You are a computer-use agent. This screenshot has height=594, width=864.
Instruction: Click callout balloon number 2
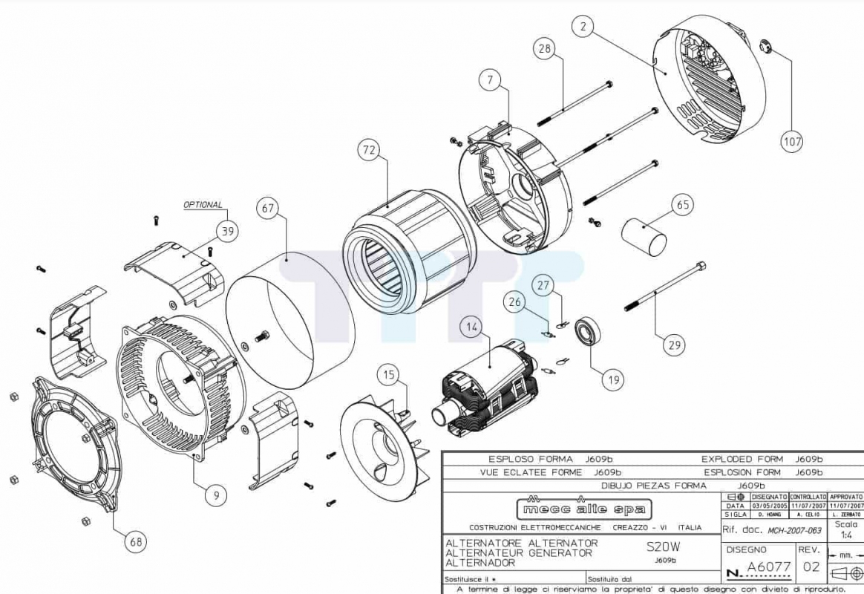(x=583, y=27)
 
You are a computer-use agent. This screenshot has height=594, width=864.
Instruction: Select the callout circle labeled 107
(x=791, y=140)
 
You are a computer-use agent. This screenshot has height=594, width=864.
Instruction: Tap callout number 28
(x=545, y=49)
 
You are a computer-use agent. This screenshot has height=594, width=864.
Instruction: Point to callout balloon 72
(x=369, y=151)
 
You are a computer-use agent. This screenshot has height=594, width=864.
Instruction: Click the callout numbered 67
(x=269, y=209)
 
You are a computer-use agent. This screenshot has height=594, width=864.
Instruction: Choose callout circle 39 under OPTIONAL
(x=228, y=232)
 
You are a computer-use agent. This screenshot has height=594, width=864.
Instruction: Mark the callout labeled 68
(x=136, y=542)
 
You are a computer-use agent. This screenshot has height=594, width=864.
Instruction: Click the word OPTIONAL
(x=203, y=205)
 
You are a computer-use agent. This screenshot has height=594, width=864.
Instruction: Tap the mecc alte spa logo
(x=584, y=509)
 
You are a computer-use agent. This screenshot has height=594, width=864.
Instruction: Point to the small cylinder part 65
(x=644, y=236)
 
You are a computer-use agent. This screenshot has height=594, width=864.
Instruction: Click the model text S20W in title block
(x=663, y=546)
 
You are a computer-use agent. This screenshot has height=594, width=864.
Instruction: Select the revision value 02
(x=811, y=568)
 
